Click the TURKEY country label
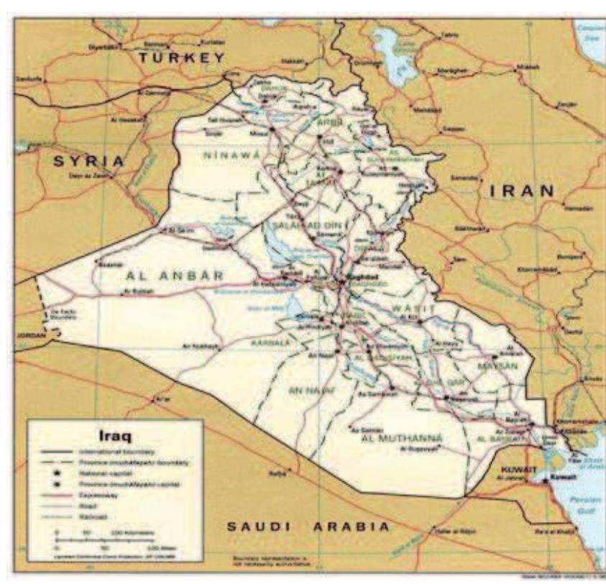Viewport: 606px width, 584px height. tap(182, 58)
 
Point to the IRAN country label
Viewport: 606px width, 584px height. tap(522, 191)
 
